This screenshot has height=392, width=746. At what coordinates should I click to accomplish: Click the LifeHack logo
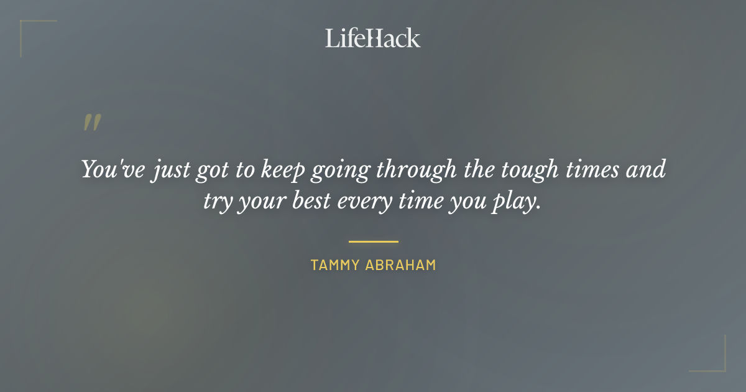[373, 38]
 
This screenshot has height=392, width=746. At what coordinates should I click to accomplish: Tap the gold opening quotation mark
[91, 123]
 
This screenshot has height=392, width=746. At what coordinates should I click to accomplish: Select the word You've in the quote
[104, 169]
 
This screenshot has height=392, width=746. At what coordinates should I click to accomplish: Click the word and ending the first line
[645, 169]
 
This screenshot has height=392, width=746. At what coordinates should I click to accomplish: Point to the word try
[218, 203]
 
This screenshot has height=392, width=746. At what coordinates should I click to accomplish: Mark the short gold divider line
[373, 241]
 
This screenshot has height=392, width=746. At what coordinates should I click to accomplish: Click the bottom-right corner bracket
[715, 361]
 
